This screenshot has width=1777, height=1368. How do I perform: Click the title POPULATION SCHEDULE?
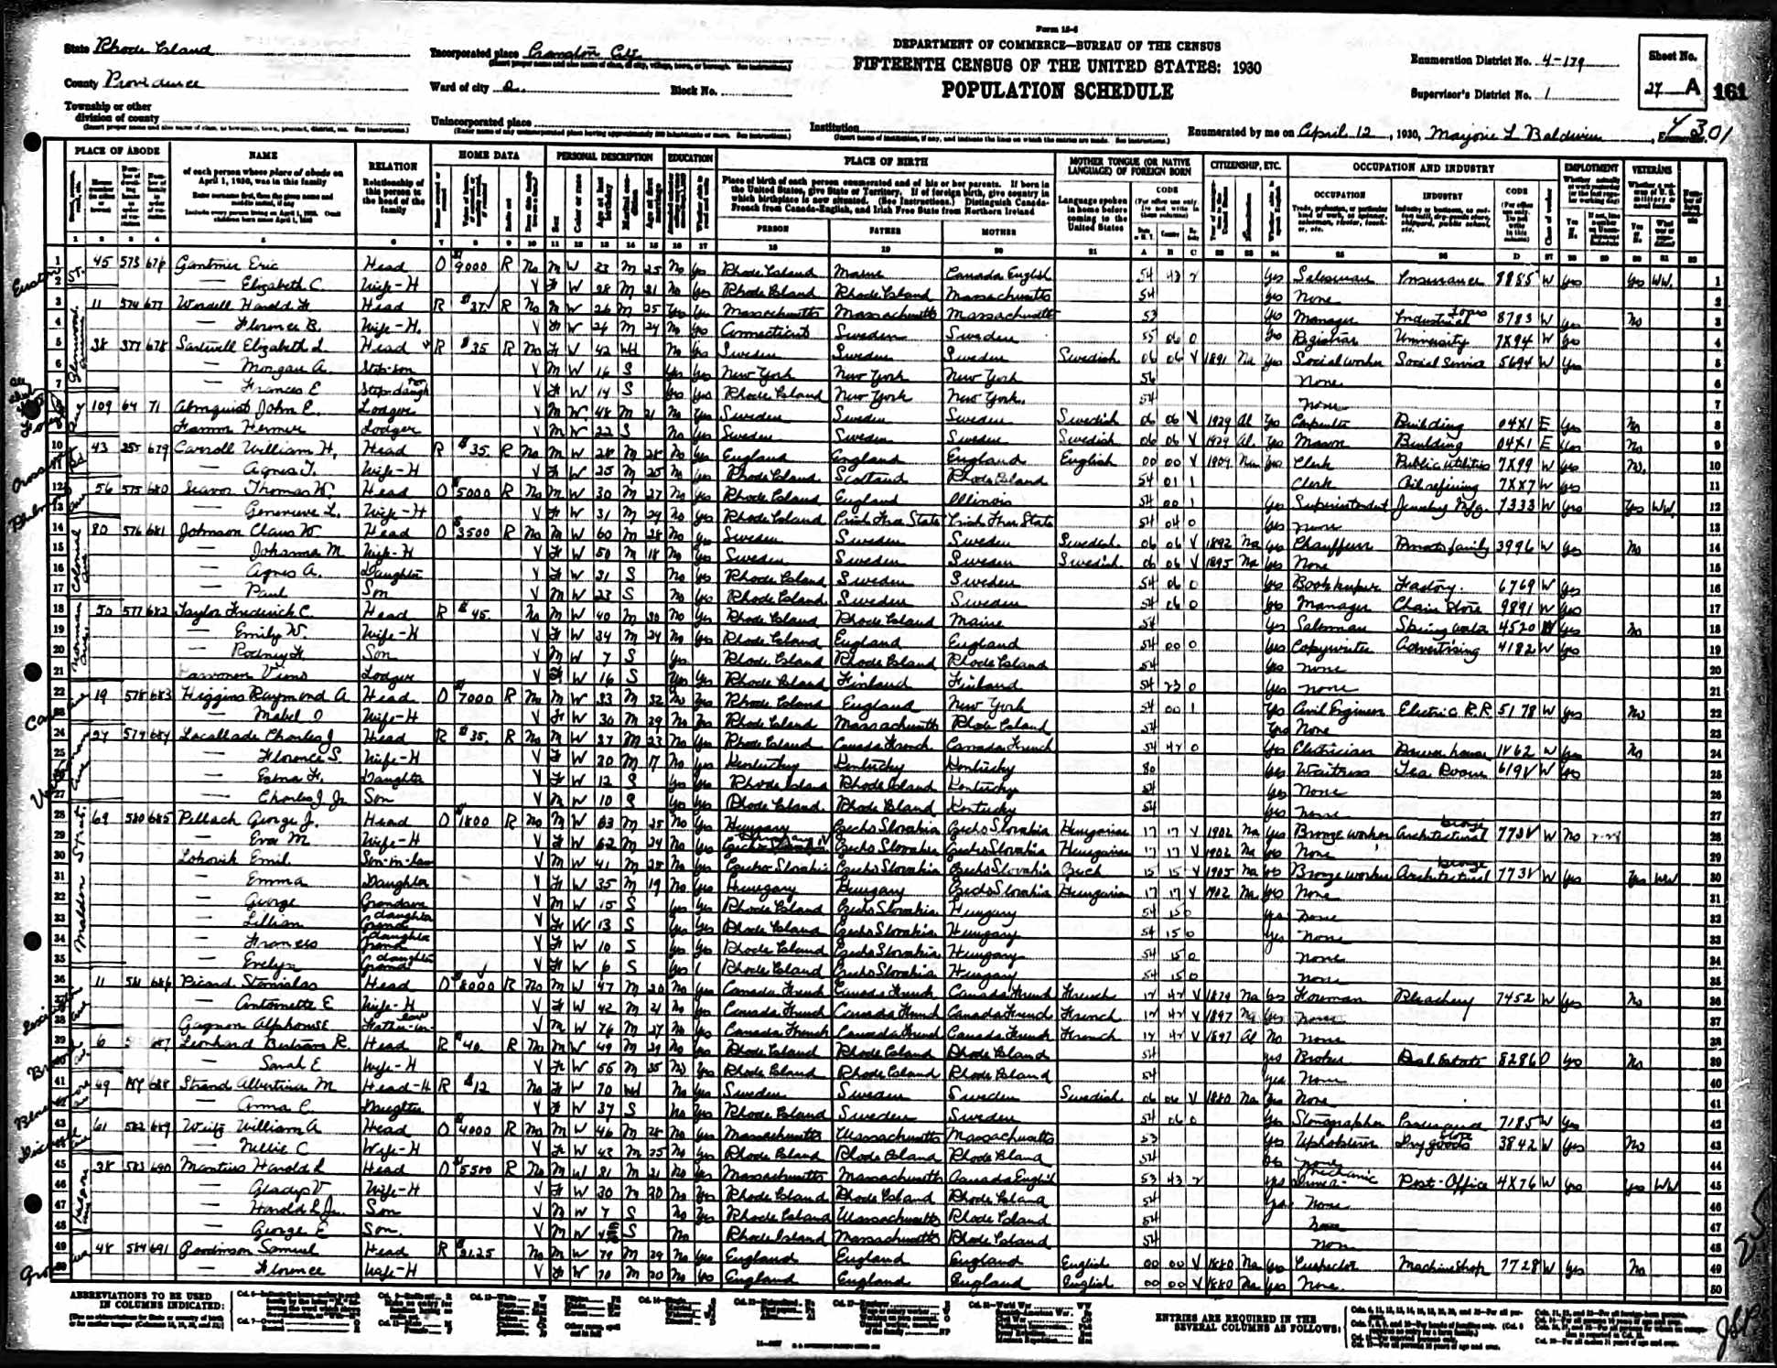tap(1057, 91)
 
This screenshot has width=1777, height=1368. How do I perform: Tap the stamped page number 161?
tap(1729, 92)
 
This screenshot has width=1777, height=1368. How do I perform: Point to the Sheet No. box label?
tap(1673, 56)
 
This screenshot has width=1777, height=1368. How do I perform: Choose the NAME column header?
tap(263, 156)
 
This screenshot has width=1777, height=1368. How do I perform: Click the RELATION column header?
tap(393, 166)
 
